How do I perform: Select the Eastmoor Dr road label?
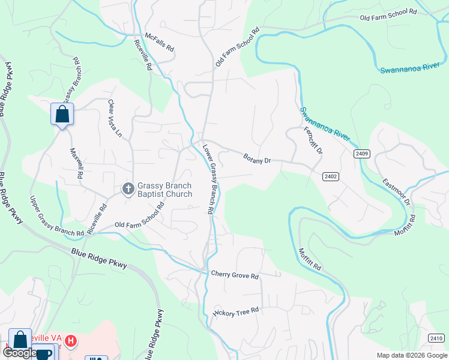396,191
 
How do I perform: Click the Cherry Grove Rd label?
235,275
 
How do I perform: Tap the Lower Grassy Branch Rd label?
209,179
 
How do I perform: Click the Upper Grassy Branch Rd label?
57,217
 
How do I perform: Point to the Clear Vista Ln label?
114,119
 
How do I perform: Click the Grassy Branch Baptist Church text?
165,190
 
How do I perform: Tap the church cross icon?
128,189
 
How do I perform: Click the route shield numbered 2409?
362,154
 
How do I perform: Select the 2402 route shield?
330,176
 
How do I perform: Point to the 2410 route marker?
437,338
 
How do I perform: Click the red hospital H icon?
71,341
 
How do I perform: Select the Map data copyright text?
411,355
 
